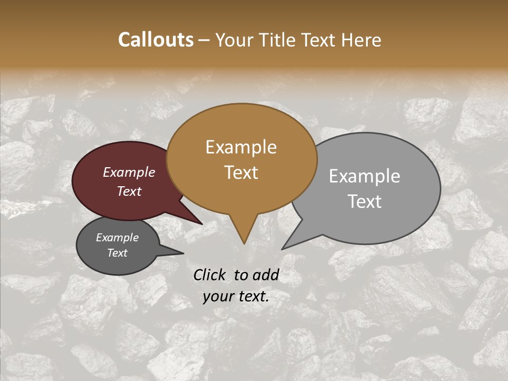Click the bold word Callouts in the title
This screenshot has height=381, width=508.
[x=156, y=40]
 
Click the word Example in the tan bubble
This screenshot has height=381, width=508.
[x=241, y=147]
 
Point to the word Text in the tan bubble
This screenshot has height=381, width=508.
[x=241, y=173]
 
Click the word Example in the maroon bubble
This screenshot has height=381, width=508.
[x=129, y=173]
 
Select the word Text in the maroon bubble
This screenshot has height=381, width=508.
[x=129, y=191]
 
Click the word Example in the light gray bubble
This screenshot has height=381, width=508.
[x=365, y=176]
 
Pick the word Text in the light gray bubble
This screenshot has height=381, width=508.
[x=365, y=202]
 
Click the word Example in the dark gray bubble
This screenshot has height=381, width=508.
[x=117, y=238]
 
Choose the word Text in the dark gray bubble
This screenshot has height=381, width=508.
[x=117, y=253]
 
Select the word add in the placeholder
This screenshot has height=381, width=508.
[x=266, y=275]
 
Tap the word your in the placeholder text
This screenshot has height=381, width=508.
[x=218, y=297]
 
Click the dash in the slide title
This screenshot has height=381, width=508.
[x=204, y=41]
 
